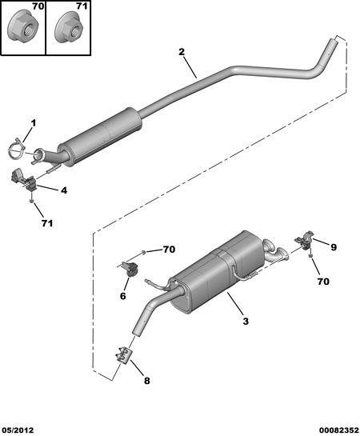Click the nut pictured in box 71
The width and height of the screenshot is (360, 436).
pos(69,28)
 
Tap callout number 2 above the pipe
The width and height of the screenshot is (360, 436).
pos(182,52)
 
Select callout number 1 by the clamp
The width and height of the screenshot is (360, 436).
pos(34,123)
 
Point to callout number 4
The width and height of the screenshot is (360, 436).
pos(64,190)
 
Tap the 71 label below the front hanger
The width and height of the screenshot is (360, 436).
pos(47,223)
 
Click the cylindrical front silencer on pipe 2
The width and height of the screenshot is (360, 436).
pos(100,136)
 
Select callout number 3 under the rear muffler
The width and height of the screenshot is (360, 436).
pos(246,322)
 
